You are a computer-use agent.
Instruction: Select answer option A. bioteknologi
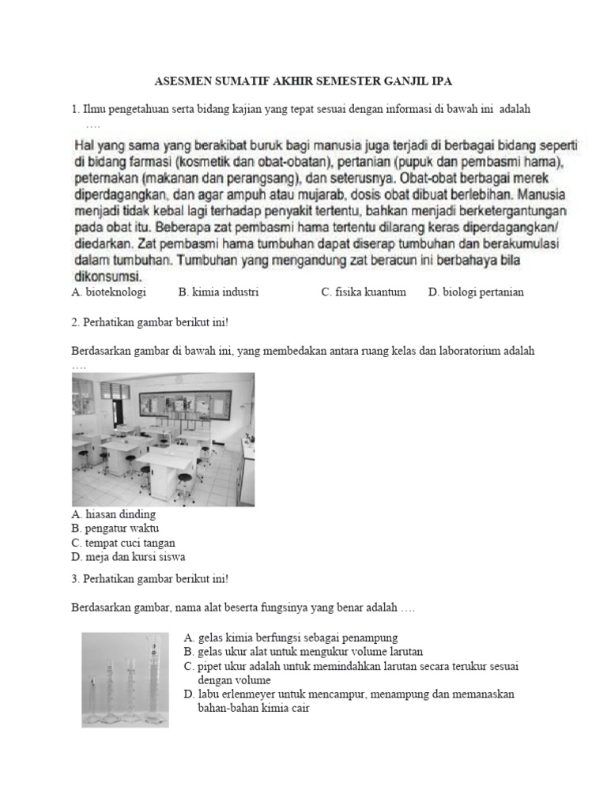tap(108, 292)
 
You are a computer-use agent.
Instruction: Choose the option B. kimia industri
tap(219, 292)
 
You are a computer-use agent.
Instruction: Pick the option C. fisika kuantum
tap(364, 292)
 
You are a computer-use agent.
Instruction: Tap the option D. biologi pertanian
tap(476, 292)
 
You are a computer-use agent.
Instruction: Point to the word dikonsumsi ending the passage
tap(107, 277)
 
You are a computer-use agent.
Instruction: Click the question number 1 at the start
tap(74, 109)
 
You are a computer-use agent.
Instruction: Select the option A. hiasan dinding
tap(114, 514)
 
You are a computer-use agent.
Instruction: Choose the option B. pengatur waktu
tap(115, 529)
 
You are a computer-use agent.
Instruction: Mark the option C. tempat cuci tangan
tap(123, 543)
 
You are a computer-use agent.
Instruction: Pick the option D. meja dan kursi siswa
tap(128, 557)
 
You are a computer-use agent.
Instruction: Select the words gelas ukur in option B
tap(223, 651)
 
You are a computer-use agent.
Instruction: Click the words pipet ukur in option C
tap(224, 666)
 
